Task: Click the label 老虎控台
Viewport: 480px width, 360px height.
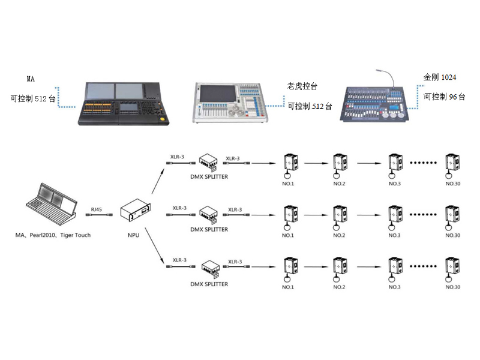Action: click(301, 86)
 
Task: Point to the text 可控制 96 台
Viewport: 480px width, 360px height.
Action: click(444, 97)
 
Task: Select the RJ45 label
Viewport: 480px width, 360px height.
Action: click(96, 208)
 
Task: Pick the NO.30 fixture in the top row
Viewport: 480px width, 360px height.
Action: click(452, 165)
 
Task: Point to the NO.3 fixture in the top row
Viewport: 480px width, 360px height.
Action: click(394, 165)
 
